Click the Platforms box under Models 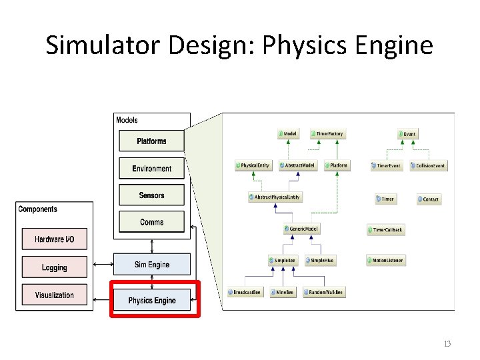[151, 141]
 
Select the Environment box [151, 169]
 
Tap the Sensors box [151, 195]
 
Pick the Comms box [151, 222]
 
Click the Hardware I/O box [54, 239]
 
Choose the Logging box [54, 267]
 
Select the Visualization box [54, 295]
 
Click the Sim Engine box [151, 265]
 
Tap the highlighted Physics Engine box [152, 301]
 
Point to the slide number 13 [447, 344]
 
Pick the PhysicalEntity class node [253, 165]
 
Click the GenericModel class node [301, 229]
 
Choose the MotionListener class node [385, 261]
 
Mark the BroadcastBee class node [245, 292]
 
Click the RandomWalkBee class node [325, 292]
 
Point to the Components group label [38, 209]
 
